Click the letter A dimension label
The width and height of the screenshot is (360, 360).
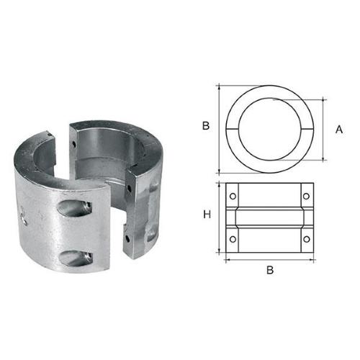pos(338,129)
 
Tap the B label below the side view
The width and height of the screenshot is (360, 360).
pos(270,271)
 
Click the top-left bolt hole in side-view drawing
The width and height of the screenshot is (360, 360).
pos(233,194)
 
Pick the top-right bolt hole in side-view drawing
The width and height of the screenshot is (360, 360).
pos(306,194)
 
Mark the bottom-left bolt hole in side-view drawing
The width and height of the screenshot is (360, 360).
pos(233,238)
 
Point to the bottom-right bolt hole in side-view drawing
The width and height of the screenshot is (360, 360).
pos(306,238)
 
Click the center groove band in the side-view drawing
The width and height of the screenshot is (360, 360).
pos(269,216)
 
